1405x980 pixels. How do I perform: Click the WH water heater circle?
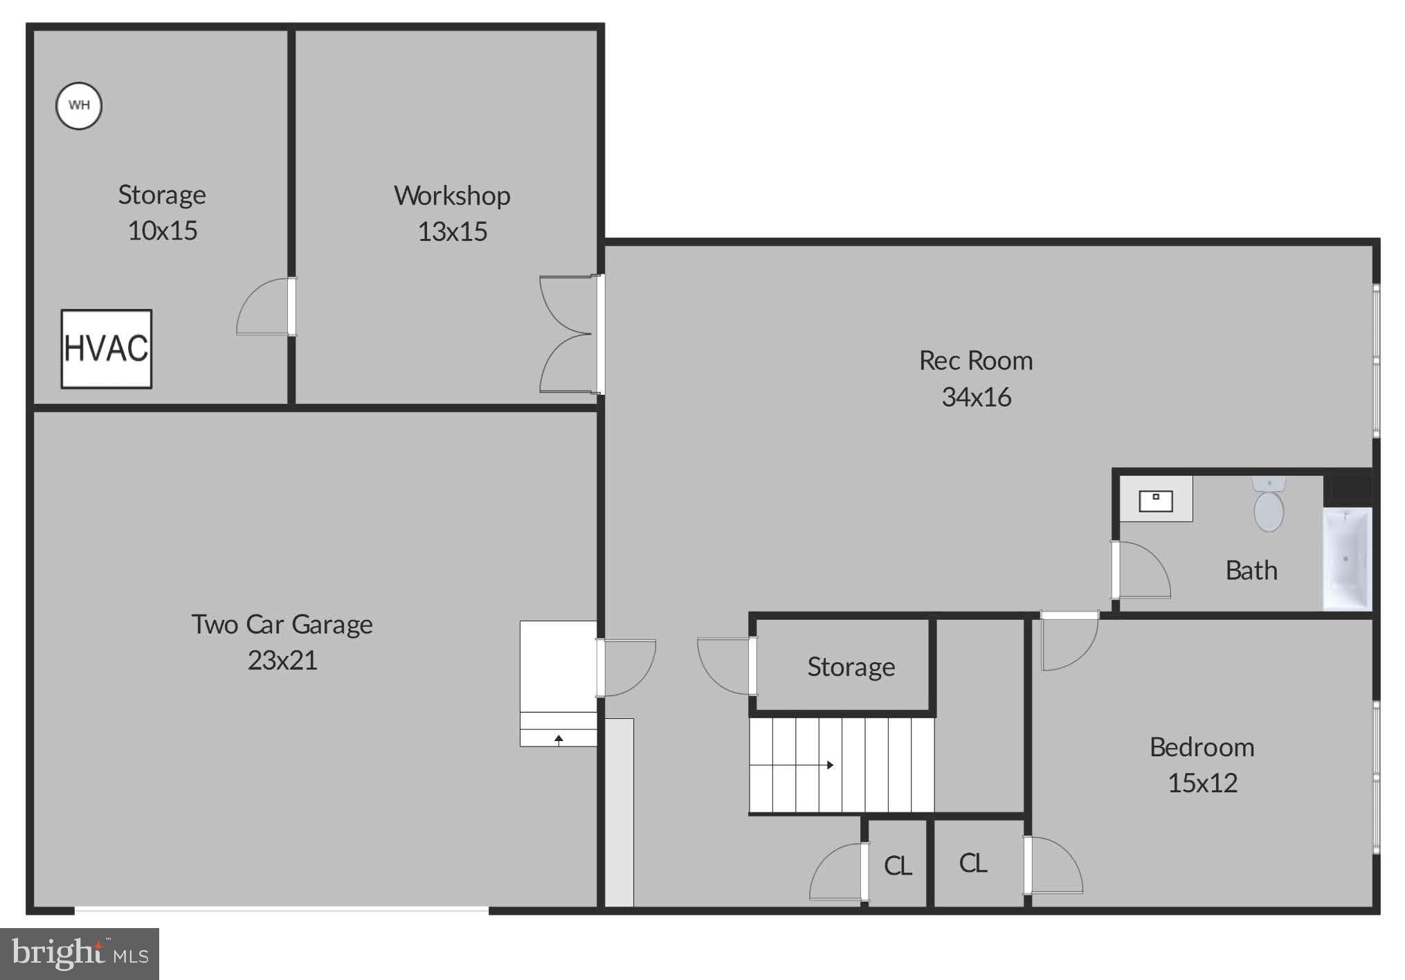tap(79, 105)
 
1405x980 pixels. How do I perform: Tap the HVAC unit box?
tap(107, 348)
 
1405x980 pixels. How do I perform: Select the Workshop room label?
tap(452, 196)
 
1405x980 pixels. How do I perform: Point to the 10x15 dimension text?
tap(163, 231)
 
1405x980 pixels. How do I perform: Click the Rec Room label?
tap(975, 361)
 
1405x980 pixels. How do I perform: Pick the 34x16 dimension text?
tap(976, 397)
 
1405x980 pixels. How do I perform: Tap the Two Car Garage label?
tap(282, 625)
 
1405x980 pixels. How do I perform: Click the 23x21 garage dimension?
tap(282, 660)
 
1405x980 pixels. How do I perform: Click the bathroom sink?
tap(1156, 499)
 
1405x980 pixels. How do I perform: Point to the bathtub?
tap(1347, 559)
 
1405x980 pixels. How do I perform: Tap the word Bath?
tap(1251, 571)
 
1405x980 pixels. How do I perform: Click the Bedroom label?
tap(1202, 747)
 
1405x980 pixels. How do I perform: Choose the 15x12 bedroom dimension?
tap(1202, 783)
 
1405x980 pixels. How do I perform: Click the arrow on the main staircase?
tap(829, 765)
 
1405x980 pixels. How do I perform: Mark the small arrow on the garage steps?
tap(559, 739)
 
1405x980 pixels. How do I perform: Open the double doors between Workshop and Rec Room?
tap(568, 335)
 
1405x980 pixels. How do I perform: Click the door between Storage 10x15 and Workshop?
tap(266, 307)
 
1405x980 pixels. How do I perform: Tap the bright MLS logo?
tap(80, 954)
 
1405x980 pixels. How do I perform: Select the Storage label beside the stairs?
tap(851, 667)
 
